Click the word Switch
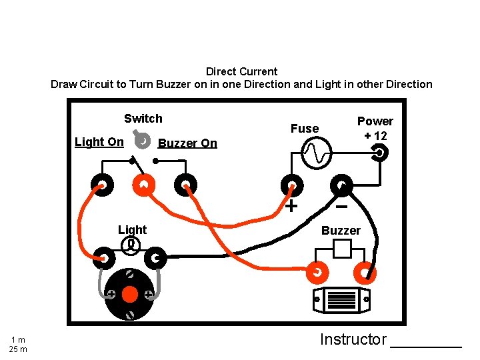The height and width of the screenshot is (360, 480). click(x=143, y=119)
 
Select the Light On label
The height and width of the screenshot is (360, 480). click(x=99, y=142)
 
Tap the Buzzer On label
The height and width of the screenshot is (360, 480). click(x=187, y=143)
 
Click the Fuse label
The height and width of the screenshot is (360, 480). click(x=305, y=129)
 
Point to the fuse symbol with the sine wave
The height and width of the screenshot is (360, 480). click(x=315, y=154)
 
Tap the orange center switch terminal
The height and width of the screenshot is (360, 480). click(x=143, y=185)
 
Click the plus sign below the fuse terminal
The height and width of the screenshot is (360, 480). click(x=291, y=205)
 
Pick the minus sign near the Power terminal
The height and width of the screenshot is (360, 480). click(x=341, y=207)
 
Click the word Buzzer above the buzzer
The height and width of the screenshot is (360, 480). click(x=341, y=231)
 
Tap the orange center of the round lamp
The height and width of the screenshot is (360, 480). click(x=130, y=294)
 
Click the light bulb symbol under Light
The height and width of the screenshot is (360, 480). click(x=132, y=245)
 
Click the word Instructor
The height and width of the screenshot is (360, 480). click(x=353, y=339)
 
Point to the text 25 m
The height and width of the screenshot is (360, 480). click(x=18, y=349)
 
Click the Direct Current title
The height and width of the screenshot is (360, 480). click(x=241, y=71)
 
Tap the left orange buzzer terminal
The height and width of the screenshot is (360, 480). click(x=317, y=273)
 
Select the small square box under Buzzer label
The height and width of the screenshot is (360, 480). click(x=342, y=249)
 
